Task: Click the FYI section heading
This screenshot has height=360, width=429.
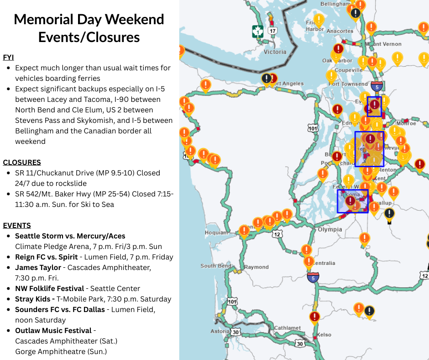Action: (9, 57)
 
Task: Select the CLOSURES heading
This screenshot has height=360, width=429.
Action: (22, 162)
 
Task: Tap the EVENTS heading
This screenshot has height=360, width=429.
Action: (17, 225)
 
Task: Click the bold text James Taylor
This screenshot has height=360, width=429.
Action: (38, 267)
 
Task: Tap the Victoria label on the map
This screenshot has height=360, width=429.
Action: (275, 52)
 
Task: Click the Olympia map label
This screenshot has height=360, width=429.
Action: (330, 229)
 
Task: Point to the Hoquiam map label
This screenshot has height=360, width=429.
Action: (216, 233)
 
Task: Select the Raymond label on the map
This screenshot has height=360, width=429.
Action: (256, 267)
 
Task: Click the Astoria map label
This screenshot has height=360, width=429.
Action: (220, 331)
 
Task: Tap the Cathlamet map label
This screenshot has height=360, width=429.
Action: (288, 328)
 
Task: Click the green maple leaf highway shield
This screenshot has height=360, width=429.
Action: (258, 32)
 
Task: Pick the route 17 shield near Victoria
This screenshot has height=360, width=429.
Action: (272, 31)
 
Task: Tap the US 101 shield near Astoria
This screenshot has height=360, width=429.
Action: (232, 302)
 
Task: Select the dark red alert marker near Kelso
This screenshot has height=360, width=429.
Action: (314, 317)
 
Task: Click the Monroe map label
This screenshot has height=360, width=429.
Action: (406, 123)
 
